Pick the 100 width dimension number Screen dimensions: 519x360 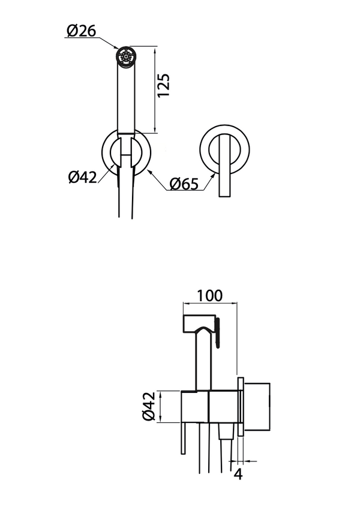coord(209,296)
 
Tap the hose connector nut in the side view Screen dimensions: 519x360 coord(227,433)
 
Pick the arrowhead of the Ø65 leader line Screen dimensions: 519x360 coord(149,172)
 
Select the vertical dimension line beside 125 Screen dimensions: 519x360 coord(155,90)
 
